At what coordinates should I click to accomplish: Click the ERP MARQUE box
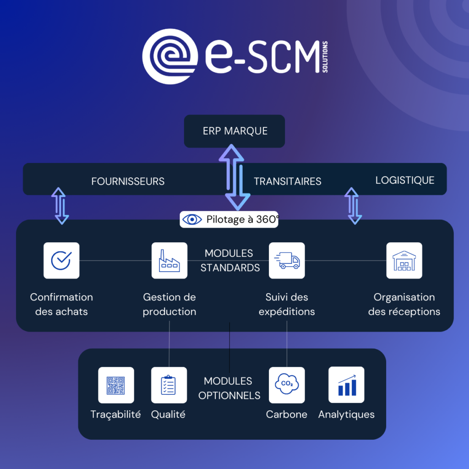point(234,131)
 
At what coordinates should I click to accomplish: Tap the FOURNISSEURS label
point(128,181)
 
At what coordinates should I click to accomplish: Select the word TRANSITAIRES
point(288,181)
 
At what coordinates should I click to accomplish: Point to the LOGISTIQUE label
point(405,180)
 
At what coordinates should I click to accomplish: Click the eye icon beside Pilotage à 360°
point(192,219)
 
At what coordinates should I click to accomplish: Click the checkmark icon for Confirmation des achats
point(61,260)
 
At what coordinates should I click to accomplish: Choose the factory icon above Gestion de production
point(169,260)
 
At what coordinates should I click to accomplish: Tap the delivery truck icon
point(287,260)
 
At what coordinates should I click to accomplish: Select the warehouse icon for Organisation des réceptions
point(404,260)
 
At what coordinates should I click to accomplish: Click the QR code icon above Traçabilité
point(116,385)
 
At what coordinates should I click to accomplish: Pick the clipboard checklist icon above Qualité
point(169,385)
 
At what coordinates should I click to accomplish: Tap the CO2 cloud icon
point(287,385)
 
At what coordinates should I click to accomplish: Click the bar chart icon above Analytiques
point(346,385)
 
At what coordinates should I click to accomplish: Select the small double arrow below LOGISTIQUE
point(353,205)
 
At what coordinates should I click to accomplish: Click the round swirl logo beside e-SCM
point(170,56)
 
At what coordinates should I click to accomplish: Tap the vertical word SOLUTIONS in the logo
point(325,56)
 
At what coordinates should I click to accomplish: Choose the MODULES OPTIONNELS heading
point(228,388)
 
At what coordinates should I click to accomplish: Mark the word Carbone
point(287,414)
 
